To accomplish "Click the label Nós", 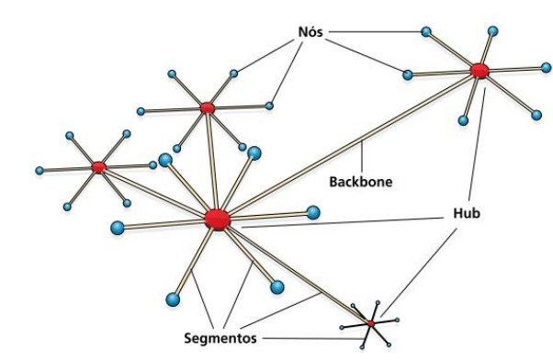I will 308,30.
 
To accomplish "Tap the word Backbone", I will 360,181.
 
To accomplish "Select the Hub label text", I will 467,212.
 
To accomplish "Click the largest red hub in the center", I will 217,219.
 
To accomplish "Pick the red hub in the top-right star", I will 478,70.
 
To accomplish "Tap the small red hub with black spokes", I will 370,323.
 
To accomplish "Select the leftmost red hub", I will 98,167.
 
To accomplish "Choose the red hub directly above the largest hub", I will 208,108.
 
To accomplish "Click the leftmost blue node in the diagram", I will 39,170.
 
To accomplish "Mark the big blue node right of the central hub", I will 313,212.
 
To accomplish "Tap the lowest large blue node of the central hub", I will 173,298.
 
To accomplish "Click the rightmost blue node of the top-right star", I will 546,67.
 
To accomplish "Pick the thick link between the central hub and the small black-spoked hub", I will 294,272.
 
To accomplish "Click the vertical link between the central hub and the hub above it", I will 211,163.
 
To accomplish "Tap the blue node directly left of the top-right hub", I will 407,74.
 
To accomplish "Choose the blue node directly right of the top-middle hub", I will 269,106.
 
